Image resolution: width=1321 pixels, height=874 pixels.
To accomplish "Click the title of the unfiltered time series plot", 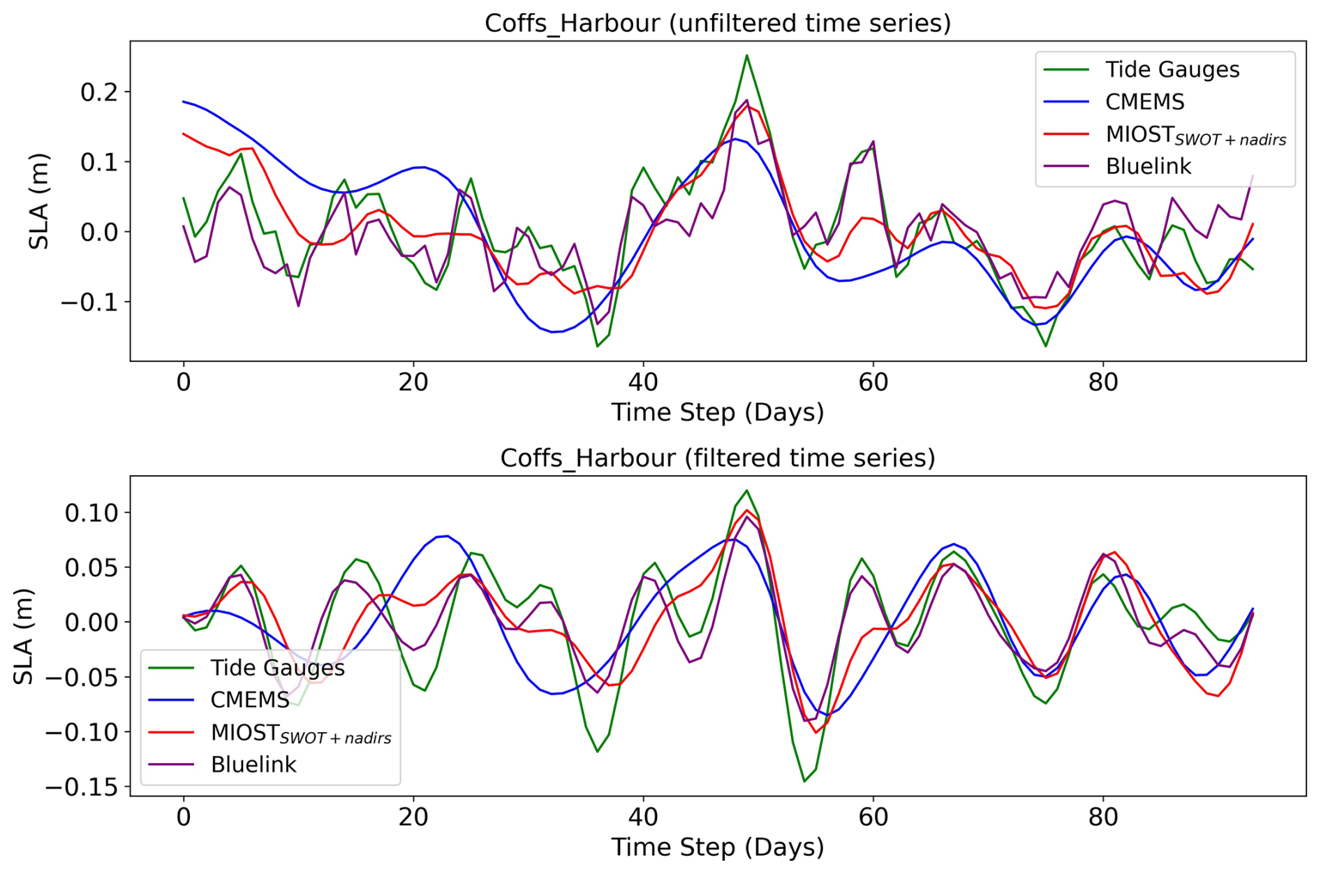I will pyautogui.click(x=718, y=23).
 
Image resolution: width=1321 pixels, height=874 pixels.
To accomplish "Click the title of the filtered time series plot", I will pyautogui.click(x=718, y=458).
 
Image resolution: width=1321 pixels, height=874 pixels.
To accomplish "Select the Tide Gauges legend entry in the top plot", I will pyautogui.click(x=1172, y=70).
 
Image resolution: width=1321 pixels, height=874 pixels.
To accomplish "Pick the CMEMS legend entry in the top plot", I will pyautogui.click(x=1144, y=102).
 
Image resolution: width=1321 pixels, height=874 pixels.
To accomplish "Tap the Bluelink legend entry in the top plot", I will pyautogui.click(x=1148, y=166).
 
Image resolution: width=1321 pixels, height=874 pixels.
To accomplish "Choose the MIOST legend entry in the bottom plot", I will pyautogui.click(x=300, y=733).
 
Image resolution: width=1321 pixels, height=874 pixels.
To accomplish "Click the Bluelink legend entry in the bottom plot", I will pyautogui.click(x=253, y=765).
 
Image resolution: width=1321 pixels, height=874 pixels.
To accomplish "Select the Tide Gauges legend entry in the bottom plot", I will pyautogui.click(x=277, y=668).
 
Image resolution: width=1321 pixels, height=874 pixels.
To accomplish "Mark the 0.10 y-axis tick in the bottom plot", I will pyautogui.click(x=92, y=513).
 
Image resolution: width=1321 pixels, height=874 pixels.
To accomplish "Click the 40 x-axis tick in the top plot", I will pyautogui.click(x=643, y=383).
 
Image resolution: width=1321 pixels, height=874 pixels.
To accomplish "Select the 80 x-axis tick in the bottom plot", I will pyautogui.click(x=1103, y=817).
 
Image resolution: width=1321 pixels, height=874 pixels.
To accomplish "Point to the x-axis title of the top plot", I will pyautogui.click(x=718, y=412).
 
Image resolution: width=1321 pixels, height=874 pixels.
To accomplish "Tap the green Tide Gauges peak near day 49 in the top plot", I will pyautogui.click(x=746, y=55).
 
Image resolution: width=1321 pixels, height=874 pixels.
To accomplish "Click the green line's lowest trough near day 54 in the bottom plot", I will pyautogui.click(x=804, y=781).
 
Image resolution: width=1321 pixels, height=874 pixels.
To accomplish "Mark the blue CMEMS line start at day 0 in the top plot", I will pyautogui.click(x=184, y=102).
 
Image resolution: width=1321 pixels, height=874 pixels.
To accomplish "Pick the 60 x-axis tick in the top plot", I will pyautogui.click(x=873, y=383).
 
